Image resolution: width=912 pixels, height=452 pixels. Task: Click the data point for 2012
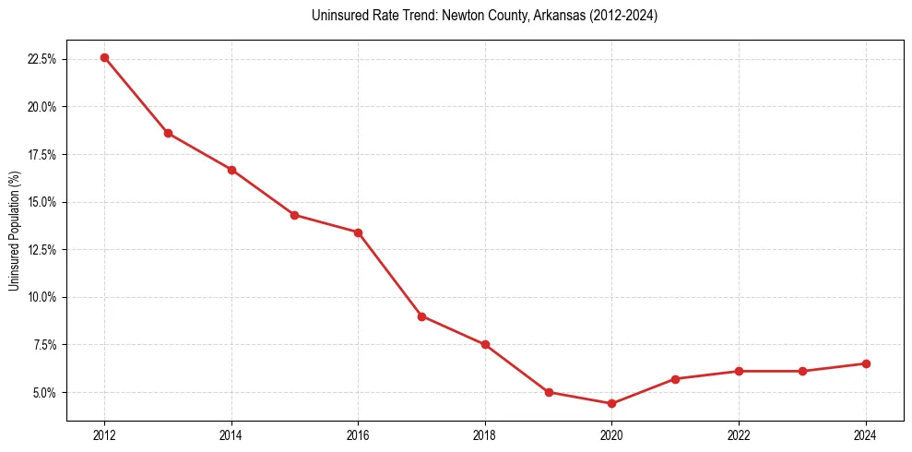(x=104, y=57)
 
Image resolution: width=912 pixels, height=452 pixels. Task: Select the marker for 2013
(x=168, y=133)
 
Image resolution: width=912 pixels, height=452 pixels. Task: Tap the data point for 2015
(x=294, y=215)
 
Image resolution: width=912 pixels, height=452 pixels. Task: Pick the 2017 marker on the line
(x=421, y=316)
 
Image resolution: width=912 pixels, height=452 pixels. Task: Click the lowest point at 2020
(x=611, y=403)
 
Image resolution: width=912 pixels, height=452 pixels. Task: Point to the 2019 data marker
(x=549, y=392)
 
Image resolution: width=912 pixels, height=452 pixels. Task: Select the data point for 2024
(x=866, y=363)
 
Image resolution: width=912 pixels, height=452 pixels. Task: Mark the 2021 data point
(x=675, y=379)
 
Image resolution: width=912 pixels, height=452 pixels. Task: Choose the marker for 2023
(x=802, y=371)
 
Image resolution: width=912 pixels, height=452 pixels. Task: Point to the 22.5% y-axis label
(x=42, y=59)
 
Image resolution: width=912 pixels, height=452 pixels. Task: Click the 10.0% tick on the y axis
(x=42, y=297)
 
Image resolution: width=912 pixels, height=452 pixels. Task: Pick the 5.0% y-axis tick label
(x=44, y=392)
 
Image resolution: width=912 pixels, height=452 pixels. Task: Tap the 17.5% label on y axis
(x=42, y=154)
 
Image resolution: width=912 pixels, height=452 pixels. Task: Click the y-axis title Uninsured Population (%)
(x=14, y=231)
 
